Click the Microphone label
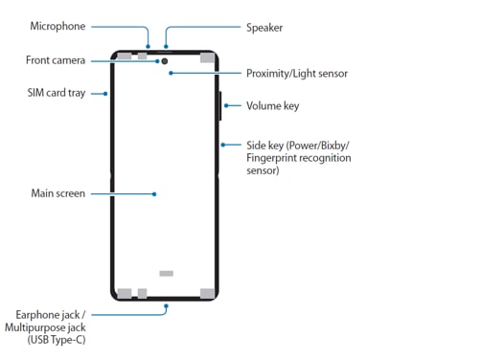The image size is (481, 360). [58, 27]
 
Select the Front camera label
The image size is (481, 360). [56, 60]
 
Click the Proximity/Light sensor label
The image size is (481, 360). [296, 73]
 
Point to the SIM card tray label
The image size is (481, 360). [59, 93]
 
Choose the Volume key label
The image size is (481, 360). [273, 105]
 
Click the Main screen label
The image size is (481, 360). [58, 193]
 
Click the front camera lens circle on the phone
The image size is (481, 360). [165, 60]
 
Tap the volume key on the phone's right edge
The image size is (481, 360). [222, 105]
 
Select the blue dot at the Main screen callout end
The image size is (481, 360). [155, 193]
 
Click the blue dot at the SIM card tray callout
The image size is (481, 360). [104, 93]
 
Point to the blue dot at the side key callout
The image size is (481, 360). [222, 146]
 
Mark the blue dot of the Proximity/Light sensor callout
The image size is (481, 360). [172, 73]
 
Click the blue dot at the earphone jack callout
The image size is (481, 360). [165, 308]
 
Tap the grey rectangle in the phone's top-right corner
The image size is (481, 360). [206, 57]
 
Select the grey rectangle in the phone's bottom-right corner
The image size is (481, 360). [206, 293]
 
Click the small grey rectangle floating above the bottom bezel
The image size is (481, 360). [166, 273]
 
